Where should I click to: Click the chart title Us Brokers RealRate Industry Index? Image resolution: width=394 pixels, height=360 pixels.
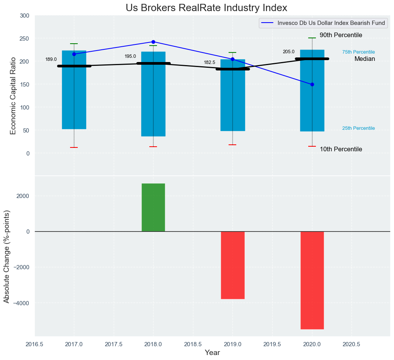click(206, 8)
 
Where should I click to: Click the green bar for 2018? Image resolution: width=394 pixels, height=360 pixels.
click(153, 207)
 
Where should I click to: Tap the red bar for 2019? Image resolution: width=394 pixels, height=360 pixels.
click(232, 265)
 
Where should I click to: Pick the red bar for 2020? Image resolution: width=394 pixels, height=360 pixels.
click(312, 280)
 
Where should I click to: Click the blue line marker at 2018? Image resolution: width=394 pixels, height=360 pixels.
click(153, 42)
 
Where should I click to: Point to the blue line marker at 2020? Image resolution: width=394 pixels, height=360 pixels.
click(312, 84)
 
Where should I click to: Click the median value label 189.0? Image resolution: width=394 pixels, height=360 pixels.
click(51, 60)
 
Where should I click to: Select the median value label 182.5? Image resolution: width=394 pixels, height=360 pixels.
click(209, 62)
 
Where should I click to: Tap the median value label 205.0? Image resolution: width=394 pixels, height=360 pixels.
click(289, 52)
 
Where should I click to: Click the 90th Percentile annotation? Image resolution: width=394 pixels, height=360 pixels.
click(341, 35)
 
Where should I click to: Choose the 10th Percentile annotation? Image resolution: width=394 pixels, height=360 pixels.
click(341, 149)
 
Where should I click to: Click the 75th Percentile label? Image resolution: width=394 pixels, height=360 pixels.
click(358, 52)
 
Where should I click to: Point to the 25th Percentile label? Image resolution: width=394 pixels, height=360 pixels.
click(358, 128)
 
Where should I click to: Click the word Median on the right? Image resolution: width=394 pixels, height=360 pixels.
click(365, 59)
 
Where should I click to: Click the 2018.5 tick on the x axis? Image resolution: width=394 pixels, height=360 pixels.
click(193, 344)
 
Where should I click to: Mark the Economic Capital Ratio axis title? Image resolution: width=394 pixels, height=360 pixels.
click(13, 95)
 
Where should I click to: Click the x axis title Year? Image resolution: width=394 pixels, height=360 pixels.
click(212, 353)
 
